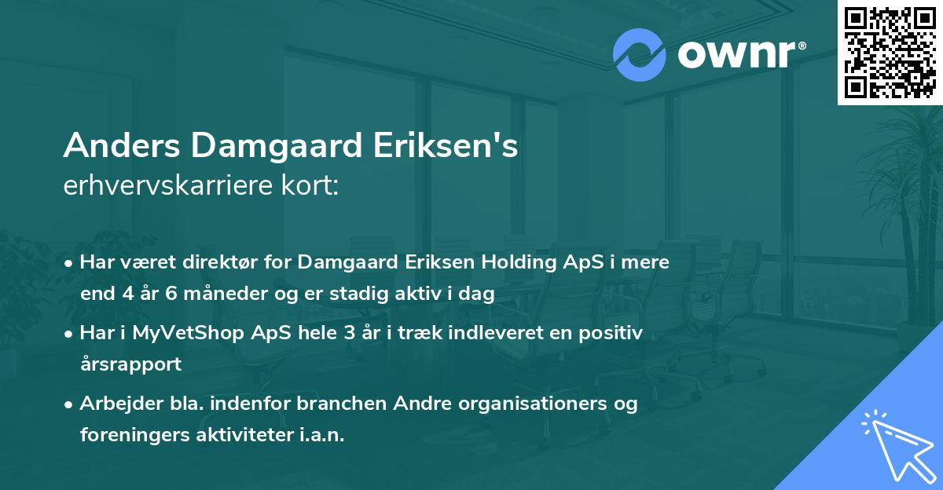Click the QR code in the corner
[x=889, y=52]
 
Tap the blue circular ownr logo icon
[x=639, y=54]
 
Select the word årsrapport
[x=130, y=364]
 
